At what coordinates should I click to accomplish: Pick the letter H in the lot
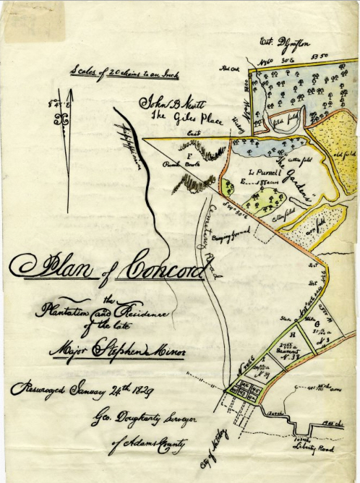[292, 335]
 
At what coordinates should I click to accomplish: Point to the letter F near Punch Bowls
[189, 155]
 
